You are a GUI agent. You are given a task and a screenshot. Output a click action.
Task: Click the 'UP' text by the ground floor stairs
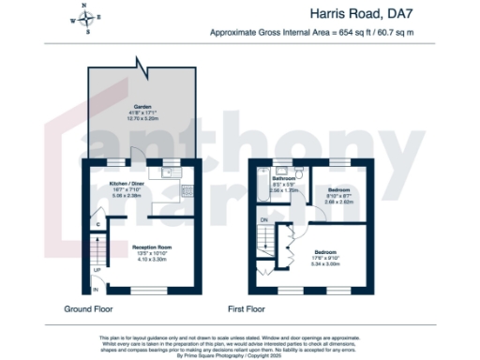pos(97,271)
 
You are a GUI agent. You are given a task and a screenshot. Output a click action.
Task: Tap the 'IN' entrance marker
pos(96,290)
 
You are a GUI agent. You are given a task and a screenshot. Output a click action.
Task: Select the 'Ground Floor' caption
pos(90,308)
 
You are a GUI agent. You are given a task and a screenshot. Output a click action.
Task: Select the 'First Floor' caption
pos(248,308)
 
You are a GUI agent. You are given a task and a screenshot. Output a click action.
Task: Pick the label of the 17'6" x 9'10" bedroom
pos(325,253)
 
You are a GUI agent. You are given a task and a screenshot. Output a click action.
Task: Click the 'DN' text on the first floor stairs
pos(263,219)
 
